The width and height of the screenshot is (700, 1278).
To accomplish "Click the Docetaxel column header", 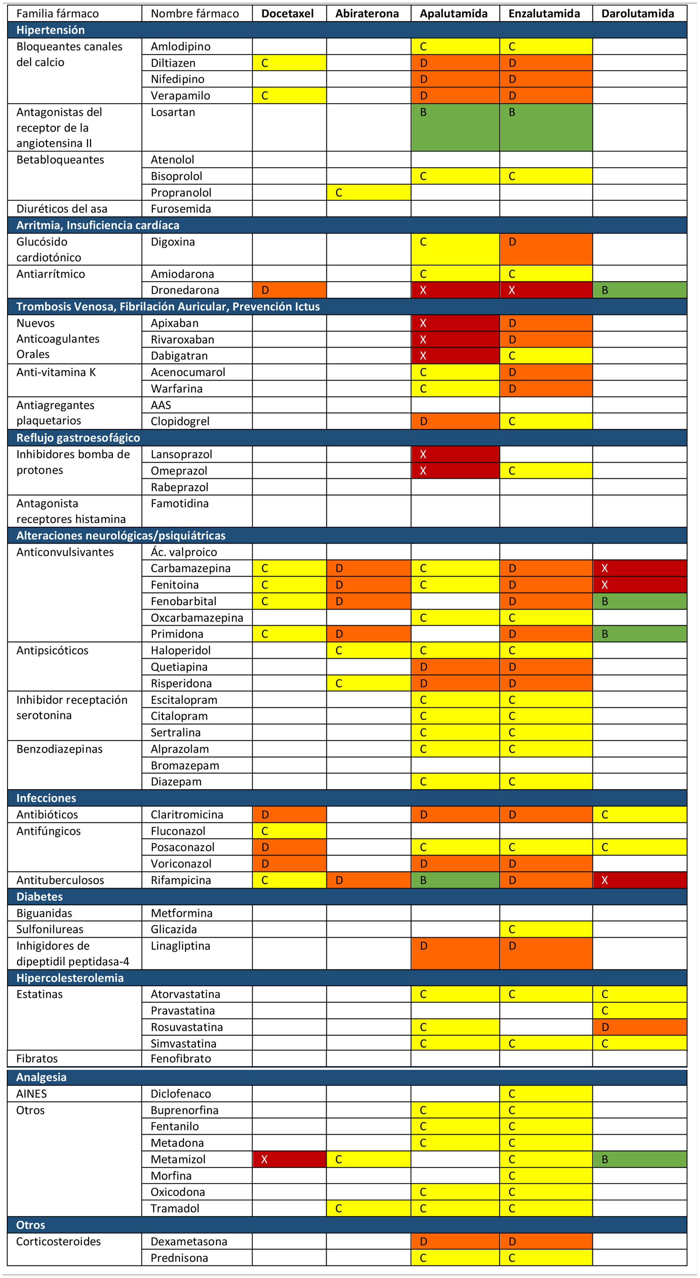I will tap(288, 13).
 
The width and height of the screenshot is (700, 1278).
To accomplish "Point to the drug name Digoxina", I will tap(173, 242).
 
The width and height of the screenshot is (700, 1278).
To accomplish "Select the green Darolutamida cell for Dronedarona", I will tap(640, 290).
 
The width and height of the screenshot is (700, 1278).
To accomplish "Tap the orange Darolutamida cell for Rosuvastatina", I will tap(640, 1027).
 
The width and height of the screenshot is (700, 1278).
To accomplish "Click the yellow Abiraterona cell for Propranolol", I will tap(368, 192).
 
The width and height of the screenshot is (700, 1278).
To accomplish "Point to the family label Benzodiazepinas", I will tap(60, 749).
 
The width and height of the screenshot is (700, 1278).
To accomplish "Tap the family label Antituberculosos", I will tap(60, 880).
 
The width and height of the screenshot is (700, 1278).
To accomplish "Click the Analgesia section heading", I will tap(41, 1077).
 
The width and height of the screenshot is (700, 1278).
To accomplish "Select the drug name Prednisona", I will tap(179, 1258).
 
